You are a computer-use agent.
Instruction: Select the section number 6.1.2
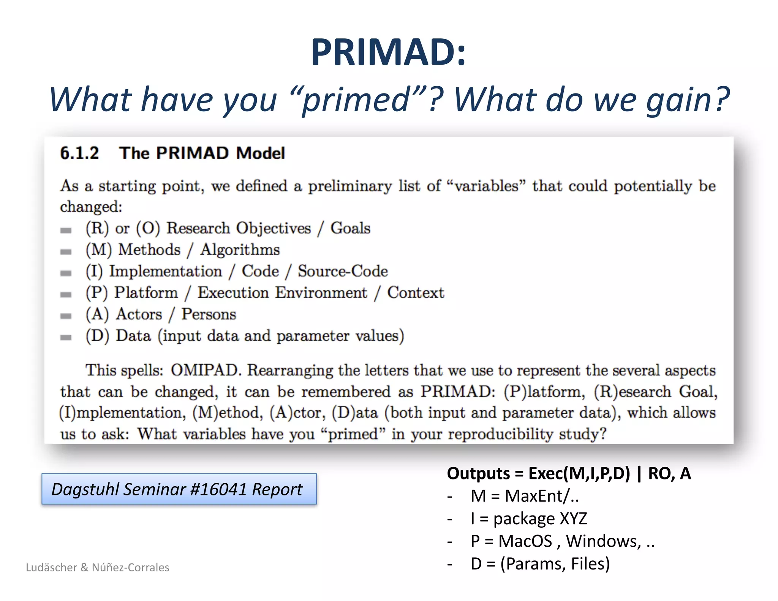[79, 153]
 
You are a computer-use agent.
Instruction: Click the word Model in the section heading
[260, 153]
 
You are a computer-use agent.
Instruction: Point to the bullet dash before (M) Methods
[66, 251]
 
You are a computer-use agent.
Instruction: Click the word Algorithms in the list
[240, 250]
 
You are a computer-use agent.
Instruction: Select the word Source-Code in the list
[343, 271]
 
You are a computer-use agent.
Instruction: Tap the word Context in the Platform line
[416, 293]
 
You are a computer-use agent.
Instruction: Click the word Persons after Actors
[209, 314]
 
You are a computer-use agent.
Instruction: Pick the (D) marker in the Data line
[97, 336]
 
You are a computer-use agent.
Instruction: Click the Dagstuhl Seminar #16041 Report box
[179, 489]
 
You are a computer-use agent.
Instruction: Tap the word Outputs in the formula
[478, 473]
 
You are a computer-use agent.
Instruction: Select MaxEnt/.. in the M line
[542, 496]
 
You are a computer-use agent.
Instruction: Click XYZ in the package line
[573, 519]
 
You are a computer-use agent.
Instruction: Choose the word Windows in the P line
[603, 541]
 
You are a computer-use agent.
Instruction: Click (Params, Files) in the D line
[555, 564]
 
